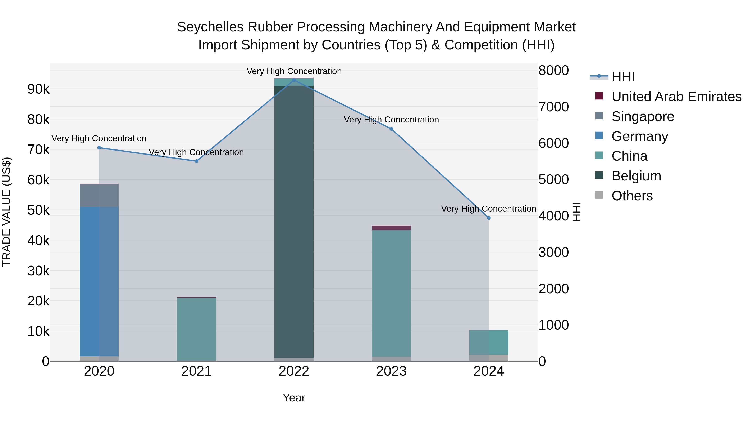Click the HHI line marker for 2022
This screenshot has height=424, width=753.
point(294,80)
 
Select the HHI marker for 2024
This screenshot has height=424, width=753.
point(489,218)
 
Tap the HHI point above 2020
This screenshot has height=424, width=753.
point(99,148)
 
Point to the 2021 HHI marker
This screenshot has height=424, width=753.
point(196,161)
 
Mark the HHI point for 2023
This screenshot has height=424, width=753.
point(391,129)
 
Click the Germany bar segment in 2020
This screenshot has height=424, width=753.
point(99,281)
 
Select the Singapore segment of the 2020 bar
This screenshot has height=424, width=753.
point(99,196)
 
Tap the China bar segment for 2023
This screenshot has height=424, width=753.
point(391,293)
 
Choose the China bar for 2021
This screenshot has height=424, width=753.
point(196,329)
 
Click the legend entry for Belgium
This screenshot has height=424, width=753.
point(636,176)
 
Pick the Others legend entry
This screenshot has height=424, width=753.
point(632,196)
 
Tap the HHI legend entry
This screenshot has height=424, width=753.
point(623,77)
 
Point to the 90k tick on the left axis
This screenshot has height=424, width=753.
point(38,89)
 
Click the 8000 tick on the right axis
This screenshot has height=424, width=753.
point(553,71)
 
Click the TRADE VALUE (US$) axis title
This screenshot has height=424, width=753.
point(6,212)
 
